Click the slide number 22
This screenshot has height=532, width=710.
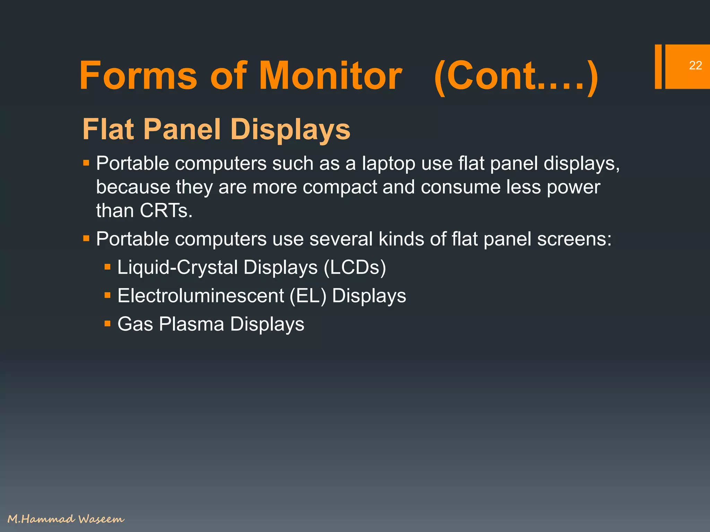(x=695, y=65)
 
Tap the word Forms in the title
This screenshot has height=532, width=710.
(x=138, y=76)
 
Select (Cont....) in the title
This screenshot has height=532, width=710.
(x=516, y=76)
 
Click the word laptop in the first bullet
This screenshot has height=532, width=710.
(x=388, y=163)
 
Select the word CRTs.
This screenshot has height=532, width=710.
(x=166, y=211)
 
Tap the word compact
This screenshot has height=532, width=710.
(x=339, y=187)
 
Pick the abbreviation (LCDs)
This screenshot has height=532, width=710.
(x=355, y=267)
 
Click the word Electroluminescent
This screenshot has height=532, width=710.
(x=201, y=296)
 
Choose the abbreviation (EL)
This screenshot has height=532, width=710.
(x=308, y=296)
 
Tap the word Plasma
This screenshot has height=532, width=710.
(x=191, y=325)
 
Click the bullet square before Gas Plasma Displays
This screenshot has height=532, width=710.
(x=107, y=324)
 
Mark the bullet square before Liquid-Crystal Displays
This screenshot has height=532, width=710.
(x=107, y=267)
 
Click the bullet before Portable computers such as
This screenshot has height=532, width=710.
(x=86, y=162)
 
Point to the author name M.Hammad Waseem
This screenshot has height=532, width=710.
(x=66, y=519)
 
